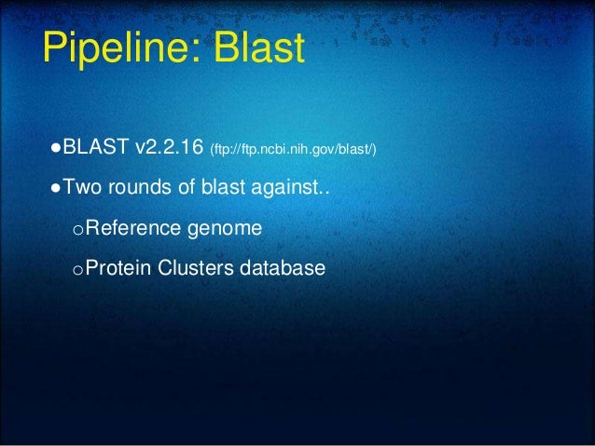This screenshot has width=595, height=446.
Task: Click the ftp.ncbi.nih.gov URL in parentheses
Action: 294,149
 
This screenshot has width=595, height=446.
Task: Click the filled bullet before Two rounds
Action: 57,188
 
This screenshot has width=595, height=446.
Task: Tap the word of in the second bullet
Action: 187,187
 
